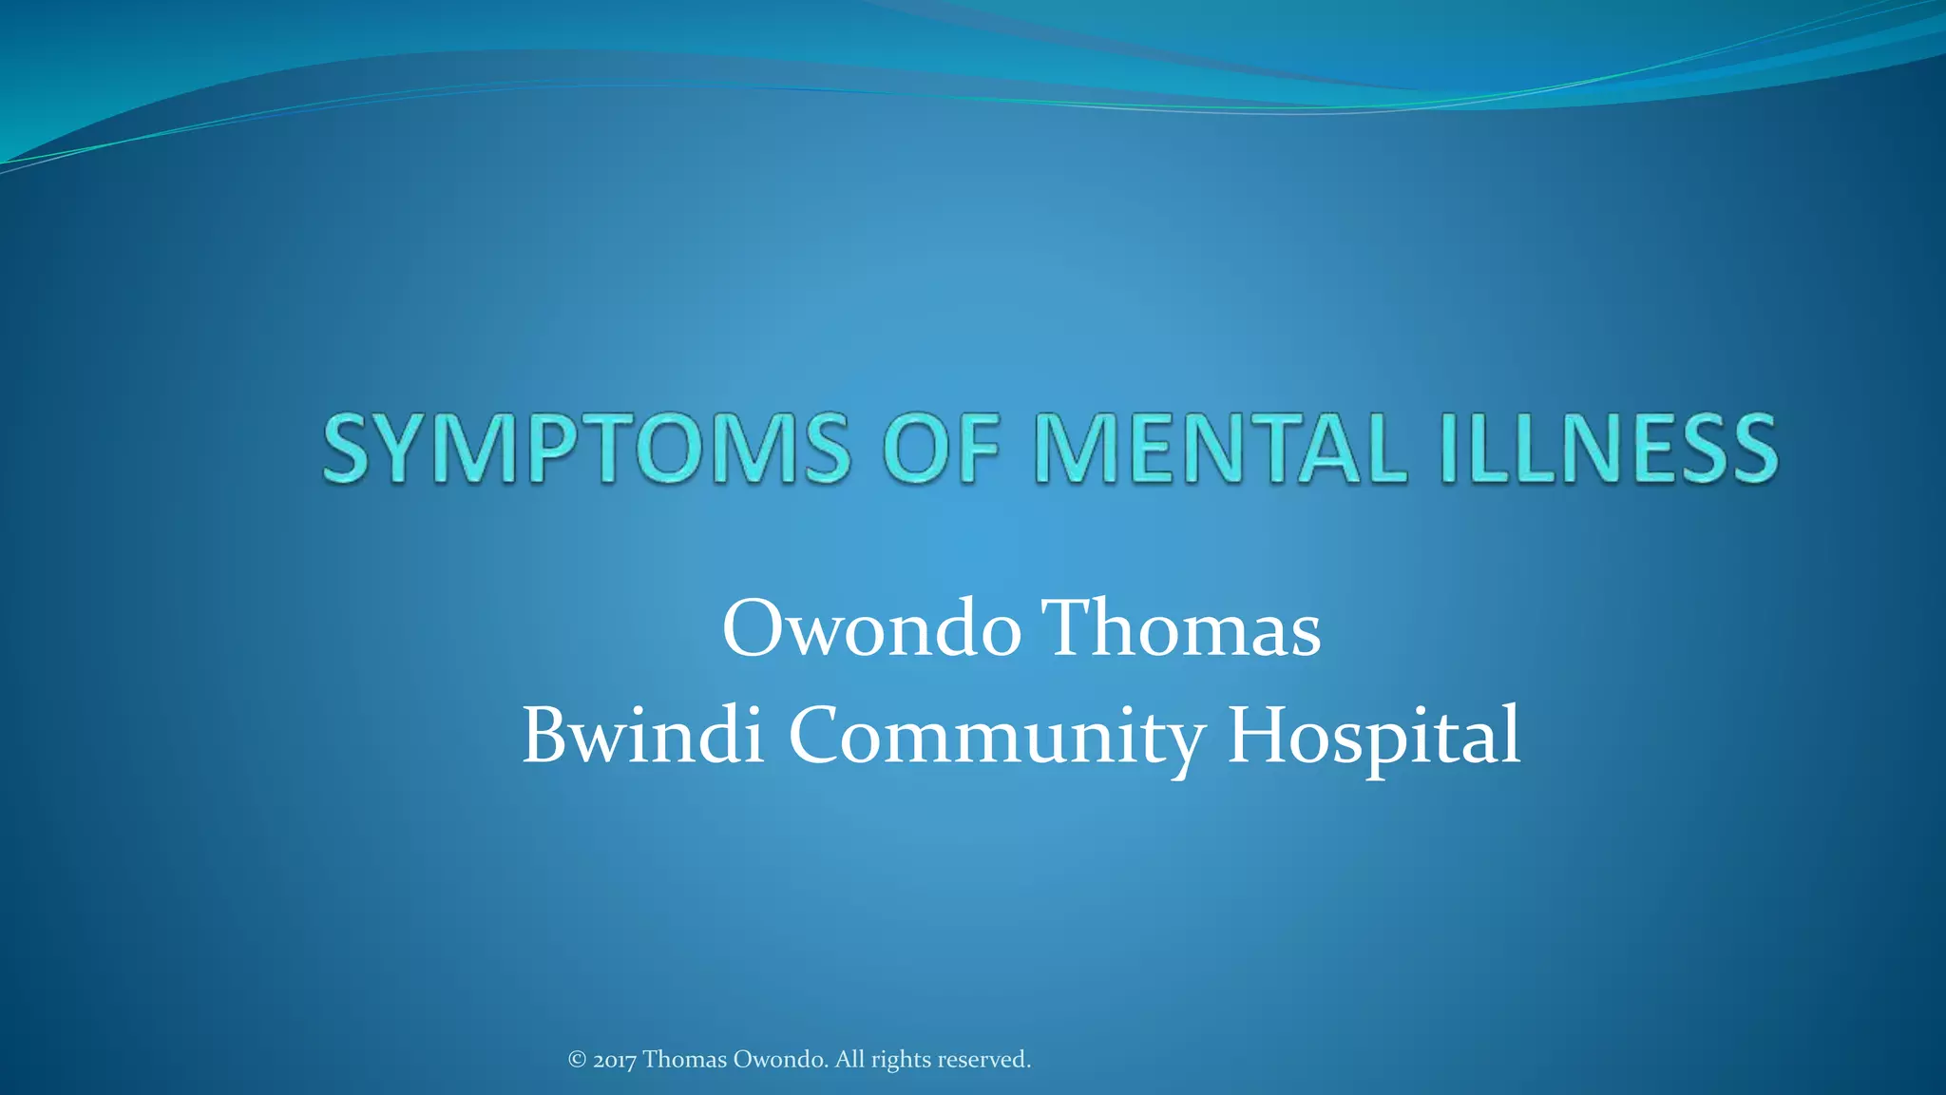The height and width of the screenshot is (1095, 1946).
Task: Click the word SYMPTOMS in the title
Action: (586, 449)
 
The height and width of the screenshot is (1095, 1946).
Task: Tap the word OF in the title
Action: (942, 449)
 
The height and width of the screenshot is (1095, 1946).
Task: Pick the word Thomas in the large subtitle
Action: (1182, 629)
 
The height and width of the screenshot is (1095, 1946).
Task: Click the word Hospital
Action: (1374, 737)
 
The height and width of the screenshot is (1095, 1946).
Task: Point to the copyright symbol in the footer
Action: (577, 1059)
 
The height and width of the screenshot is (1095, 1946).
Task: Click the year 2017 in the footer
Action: (615, 1060)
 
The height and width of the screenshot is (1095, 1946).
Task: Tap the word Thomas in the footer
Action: (685, 1059)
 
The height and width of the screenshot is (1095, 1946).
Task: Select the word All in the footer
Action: (850, 1059)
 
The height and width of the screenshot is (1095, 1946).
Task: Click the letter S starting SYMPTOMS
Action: (351, 449)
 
